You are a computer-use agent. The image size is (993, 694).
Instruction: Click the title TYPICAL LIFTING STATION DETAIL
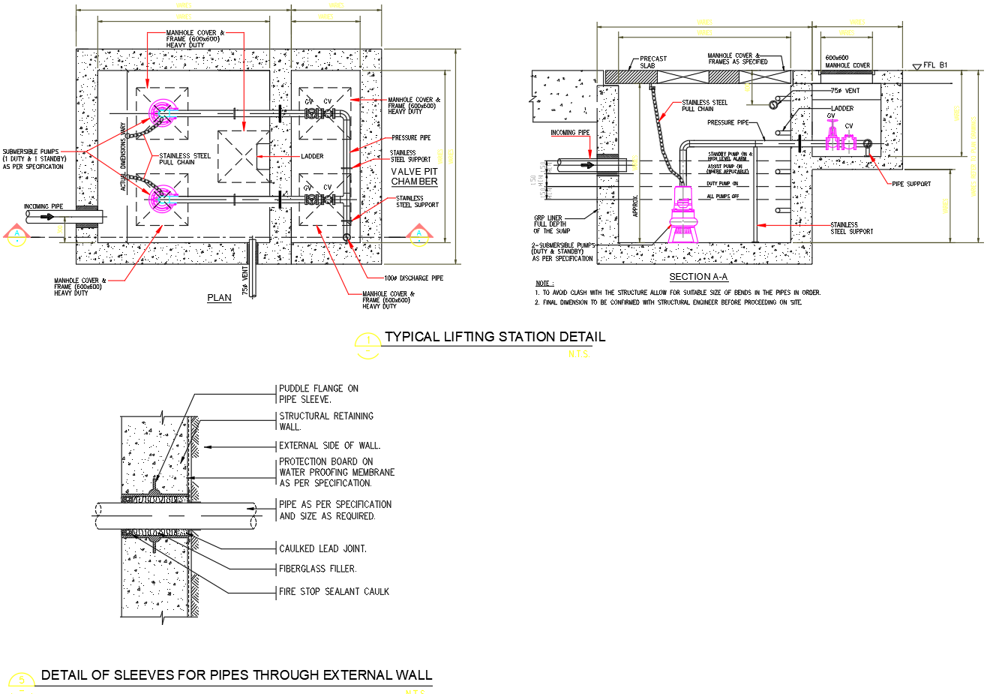pos(495,337)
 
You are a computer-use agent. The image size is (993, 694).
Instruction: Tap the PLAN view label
pos(219,298)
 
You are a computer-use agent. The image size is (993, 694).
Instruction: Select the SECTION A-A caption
pos(698,277)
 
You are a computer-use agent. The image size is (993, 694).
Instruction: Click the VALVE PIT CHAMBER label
pos(414,176)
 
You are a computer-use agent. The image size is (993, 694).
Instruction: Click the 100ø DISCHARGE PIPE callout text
pos(413,278)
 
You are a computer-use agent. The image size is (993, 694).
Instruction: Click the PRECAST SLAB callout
pos(652,62)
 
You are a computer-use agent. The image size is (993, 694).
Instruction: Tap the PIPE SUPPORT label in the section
pos(911,184)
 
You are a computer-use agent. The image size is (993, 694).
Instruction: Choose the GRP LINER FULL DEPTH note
pos(551,224)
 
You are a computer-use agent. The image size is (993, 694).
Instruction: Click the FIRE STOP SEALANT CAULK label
pos(334,592)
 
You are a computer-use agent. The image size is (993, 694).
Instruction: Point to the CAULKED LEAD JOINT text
pos(322,549)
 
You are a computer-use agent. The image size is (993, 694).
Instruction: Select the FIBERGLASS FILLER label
pos(317,569)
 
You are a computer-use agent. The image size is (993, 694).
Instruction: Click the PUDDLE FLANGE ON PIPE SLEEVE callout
pos(319,394)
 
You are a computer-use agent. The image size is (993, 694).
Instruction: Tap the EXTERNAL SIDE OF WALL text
pos(329,446)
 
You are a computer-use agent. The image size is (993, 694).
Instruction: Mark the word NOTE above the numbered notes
pos(543,284)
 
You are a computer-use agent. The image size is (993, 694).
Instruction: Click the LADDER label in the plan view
pos(312,156)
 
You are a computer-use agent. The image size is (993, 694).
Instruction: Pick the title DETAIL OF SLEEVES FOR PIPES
pos(236,675)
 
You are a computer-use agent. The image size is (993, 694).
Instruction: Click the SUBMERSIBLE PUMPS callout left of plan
pos(34,159)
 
